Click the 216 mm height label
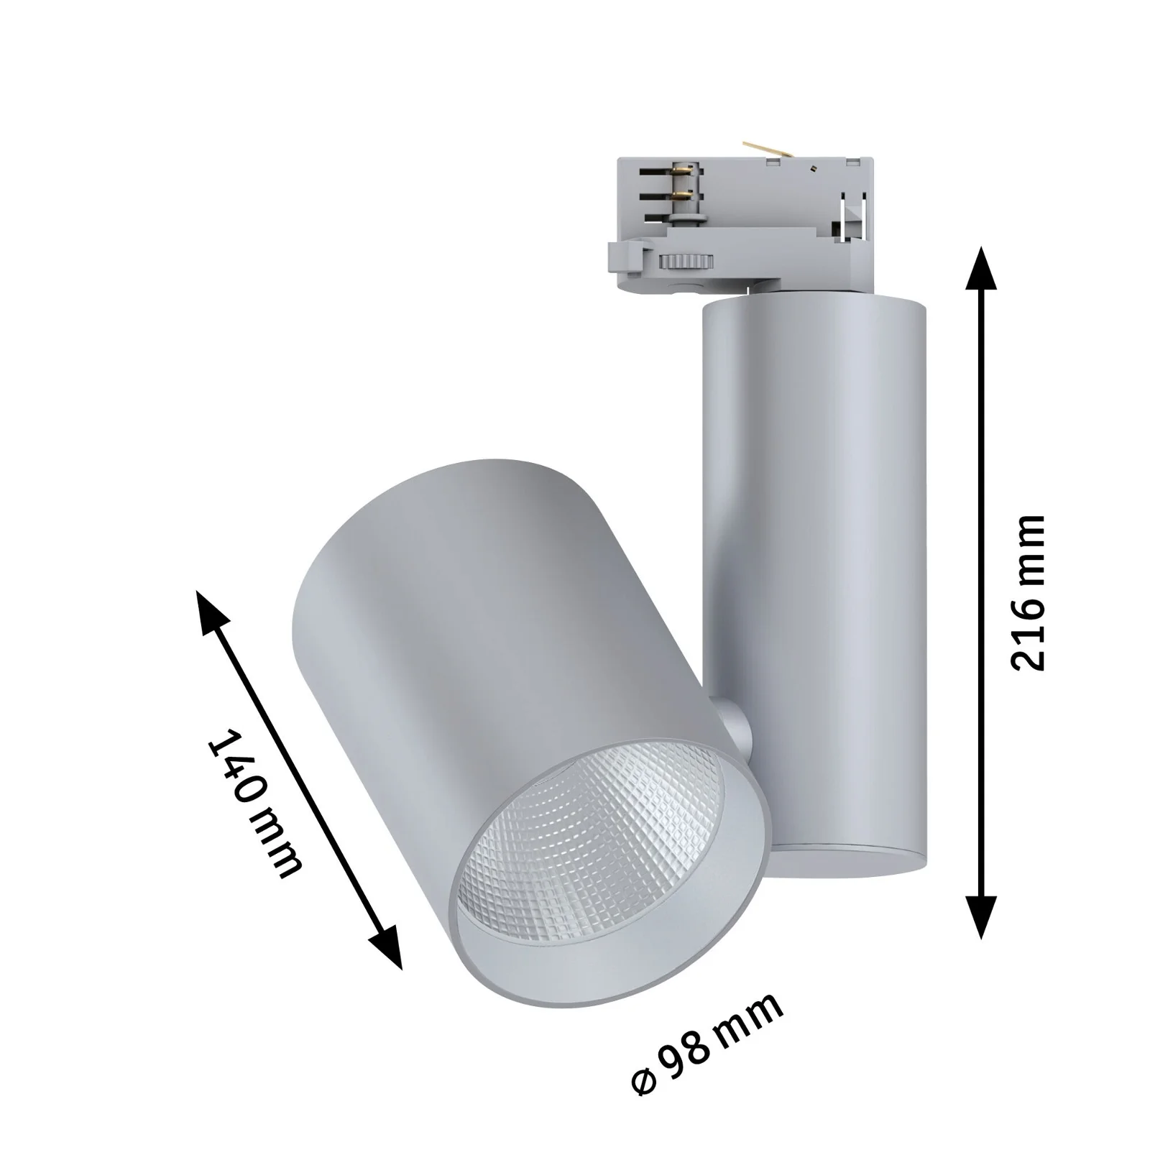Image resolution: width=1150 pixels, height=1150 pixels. (1026, 592)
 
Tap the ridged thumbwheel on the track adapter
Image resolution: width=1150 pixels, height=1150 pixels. (686, 260)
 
